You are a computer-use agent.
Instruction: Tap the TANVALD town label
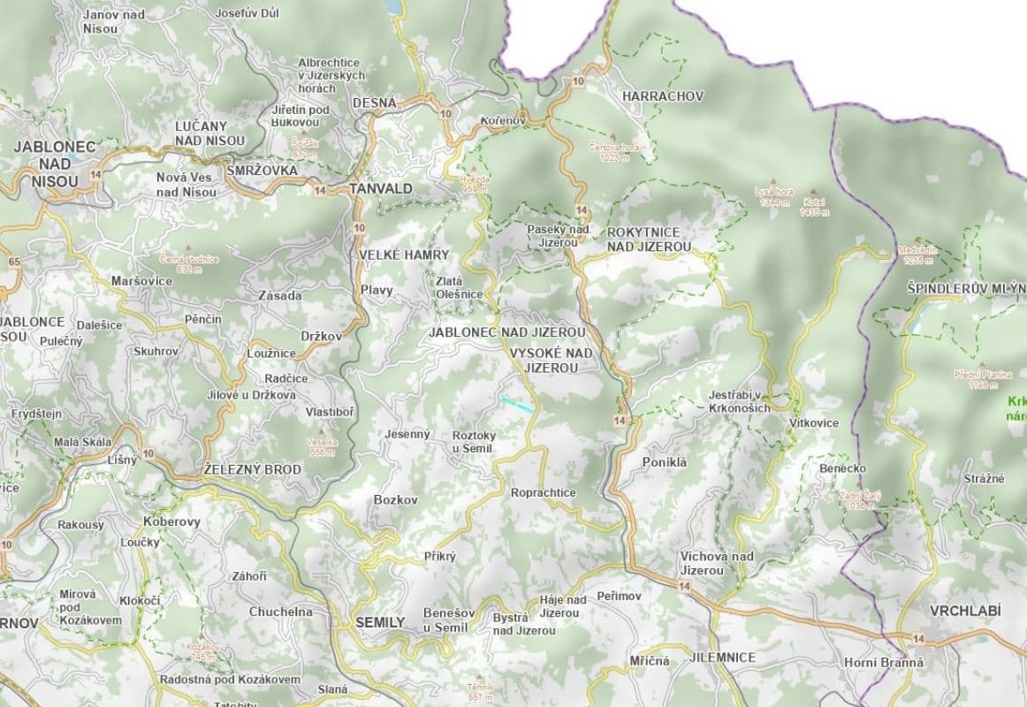pos(381,188)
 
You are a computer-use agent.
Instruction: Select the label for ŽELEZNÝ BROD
pos(252,469)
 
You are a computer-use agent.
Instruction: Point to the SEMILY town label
pos(379,622)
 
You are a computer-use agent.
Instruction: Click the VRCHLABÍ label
pos(965,611)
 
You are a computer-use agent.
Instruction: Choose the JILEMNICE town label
pos(722,658)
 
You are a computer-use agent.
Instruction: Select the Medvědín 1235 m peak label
pos(917,255)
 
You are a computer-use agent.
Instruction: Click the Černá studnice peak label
pos(188,263)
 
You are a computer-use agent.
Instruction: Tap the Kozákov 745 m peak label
pos(202,652)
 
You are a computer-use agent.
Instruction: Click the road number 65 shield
pos(13,262)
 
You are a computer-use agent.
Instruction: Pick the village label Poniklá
pos(665,461)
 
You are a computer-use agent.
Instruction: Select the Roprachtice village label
pos(544,493)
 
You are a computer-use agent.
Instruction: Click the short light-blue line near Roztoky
pos(517,404)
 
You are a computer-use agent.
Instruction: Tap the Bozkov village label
pos(395,500)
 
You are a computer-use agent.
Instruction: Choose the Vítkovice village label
pos(814,423)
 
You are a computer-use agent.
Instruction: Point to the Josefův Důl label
pos(247,13)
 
